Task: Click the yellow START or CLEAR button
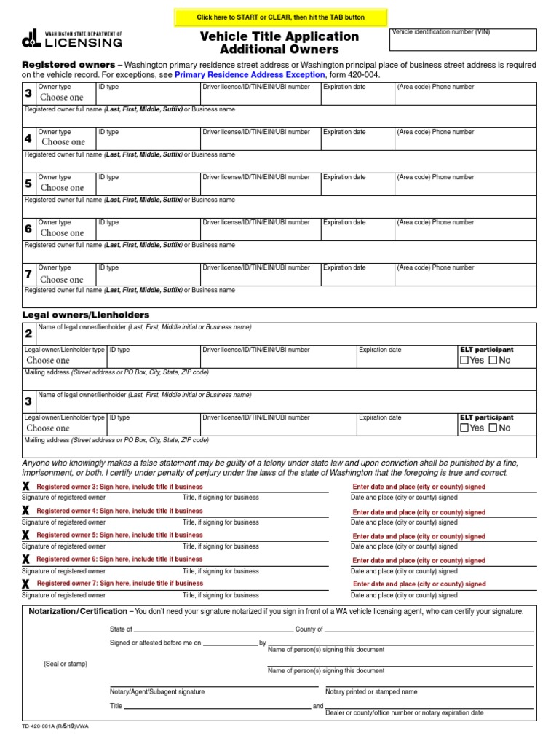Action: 281,17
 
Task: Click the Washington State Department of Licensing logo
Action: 72,39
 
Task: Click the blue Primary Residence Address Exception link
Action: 250,74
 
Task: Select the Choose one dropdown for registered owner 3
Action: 62,97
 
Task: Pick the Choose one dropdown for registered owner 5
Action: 62,187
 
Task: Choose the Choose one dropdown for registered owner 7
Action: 62,279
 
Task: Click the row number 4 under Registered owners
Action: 28,138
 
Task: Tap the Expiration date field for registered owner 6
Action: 357,233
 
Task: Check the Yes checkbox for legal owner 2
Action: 464,360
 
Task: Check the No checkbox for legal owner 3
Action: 493,428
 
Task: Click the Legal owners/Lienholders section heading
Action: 86,315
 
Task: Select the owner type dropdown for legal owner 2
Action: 49,360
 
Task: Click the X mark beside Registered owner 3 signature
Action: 26,487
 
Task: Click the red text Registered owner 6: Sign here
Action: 120,559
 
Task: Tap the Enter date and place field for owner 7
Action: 419,584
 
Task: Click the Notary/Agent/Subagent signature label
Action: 157,691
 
